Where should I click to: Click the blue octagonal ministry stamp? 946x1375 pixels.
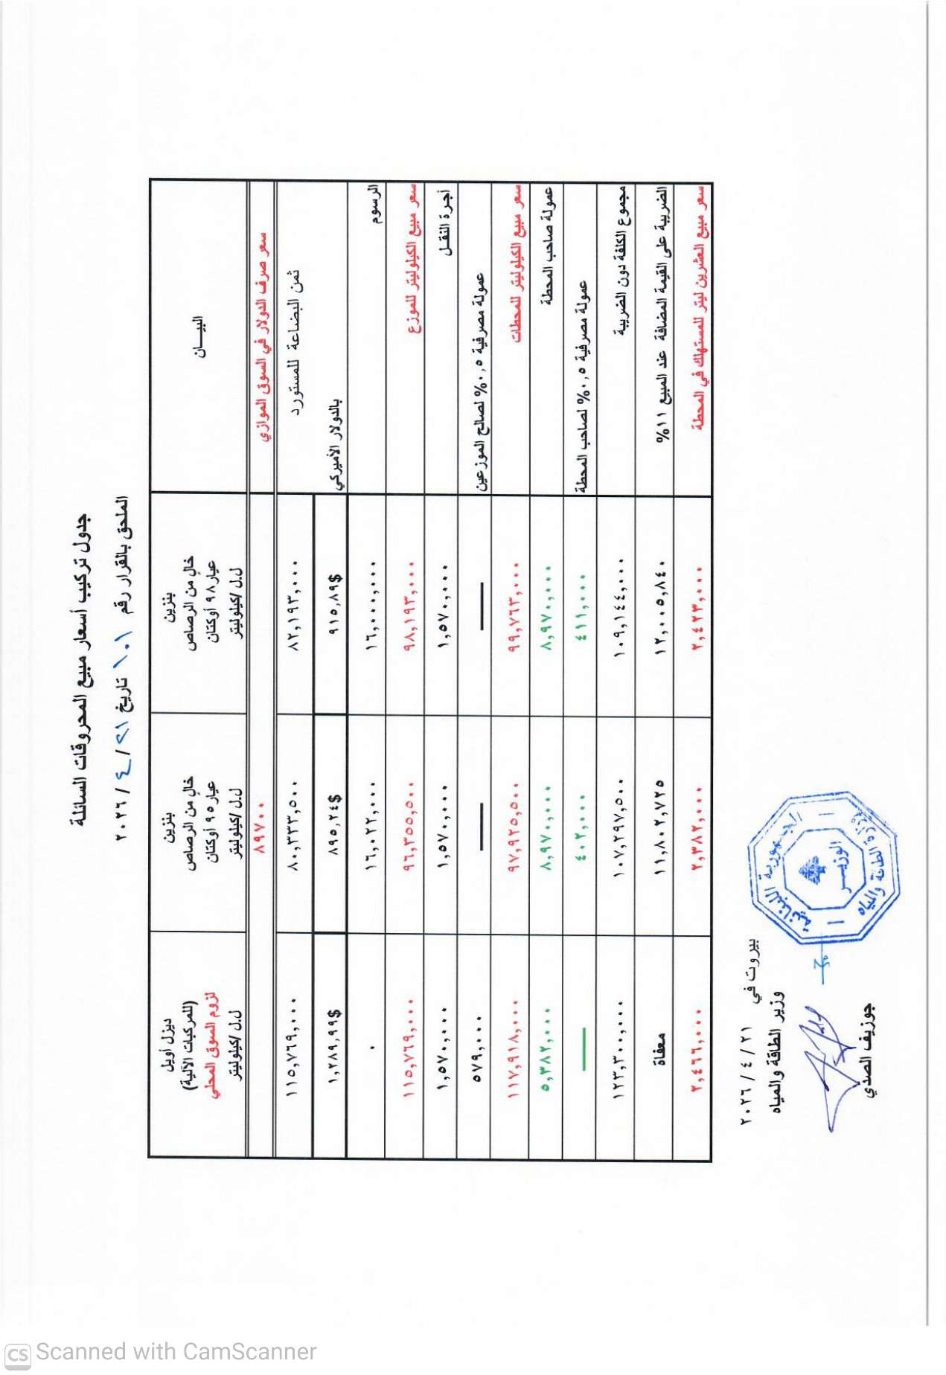pos(822,868)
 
